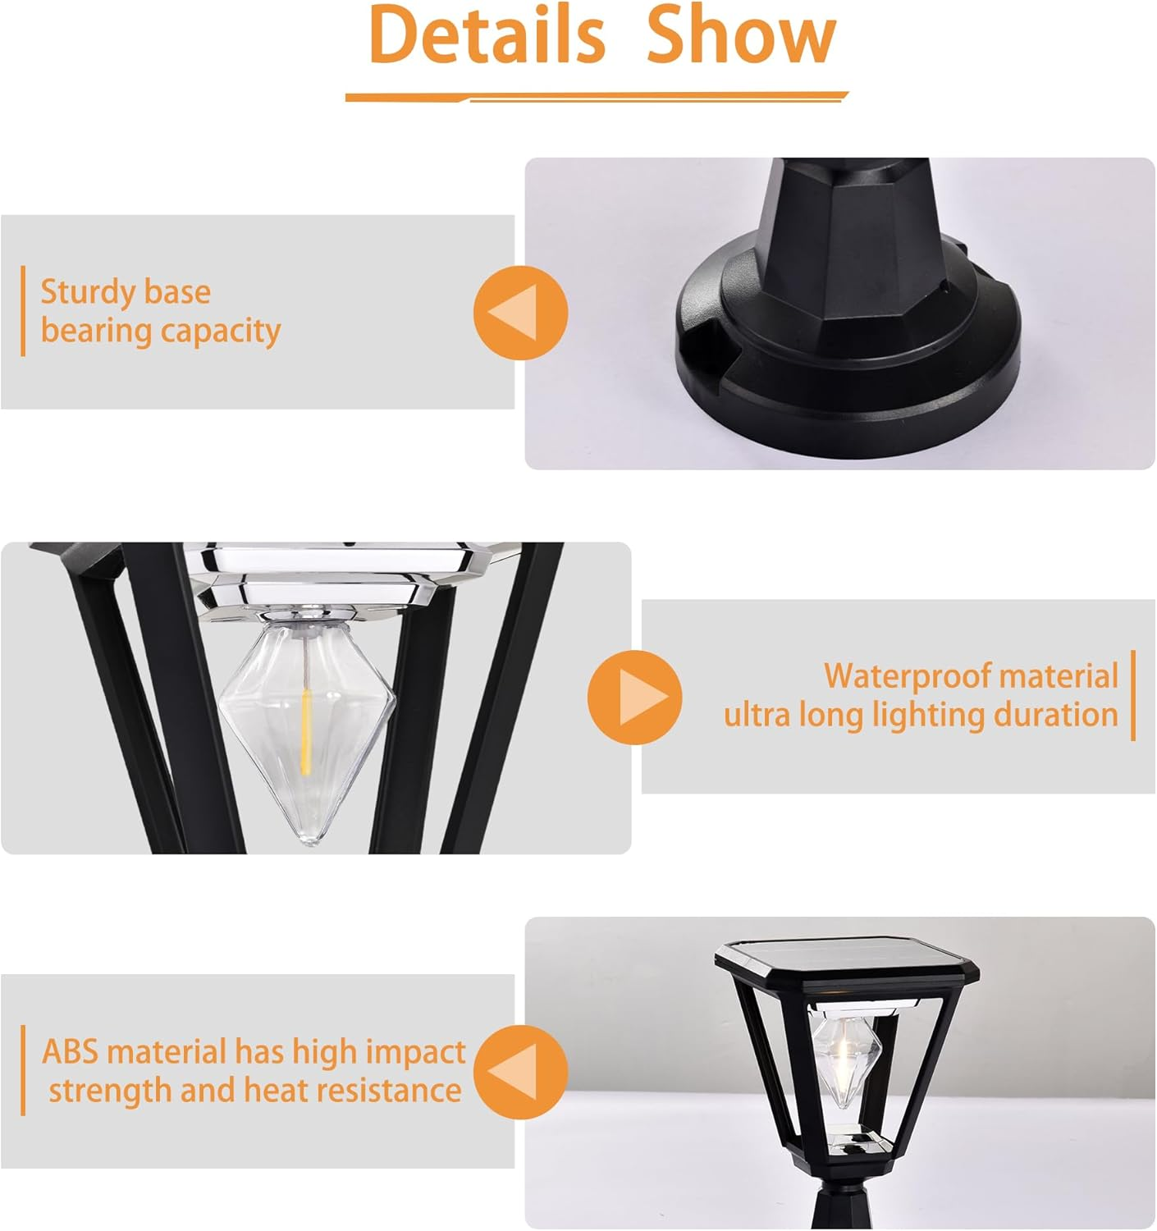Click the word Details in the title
[x=487, y=34]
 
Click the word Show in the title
[x=741, y=34]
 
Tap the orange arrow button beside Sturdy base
[x=520, y=313]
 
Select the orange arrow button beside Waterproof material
[x=634, y=698]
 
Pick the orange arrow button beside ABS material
[x=520, y=1072]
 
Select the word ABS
[x=71, y=1052]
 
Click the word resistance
[x=388, y=1091]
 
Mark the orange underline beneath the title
[x=597, y=98]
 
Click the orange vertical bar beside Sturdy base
[x=23, y=311]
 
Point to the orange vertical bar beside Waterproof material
[x=1133, y=696]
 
